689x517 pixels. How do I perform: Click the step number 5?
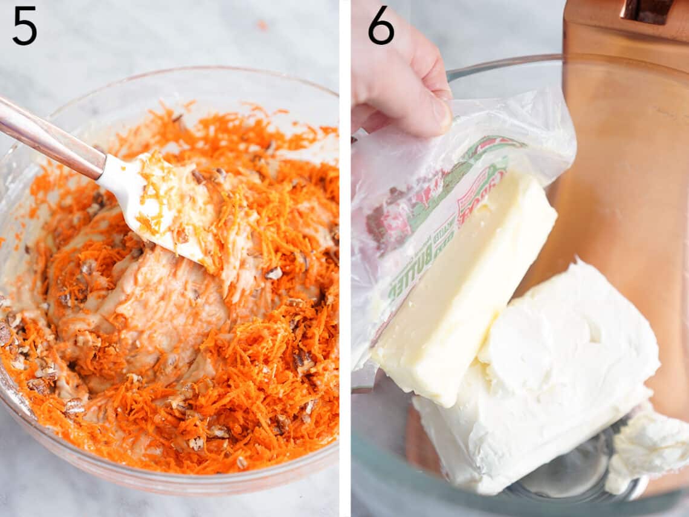24,25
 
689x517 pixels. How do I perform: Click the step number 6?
381,25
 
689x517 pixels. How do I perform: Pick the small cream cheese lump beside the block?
650,447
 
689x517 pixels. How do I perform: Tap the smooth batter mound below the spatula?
169,302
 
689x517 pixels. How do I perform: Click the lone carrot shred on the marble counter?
261,25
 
